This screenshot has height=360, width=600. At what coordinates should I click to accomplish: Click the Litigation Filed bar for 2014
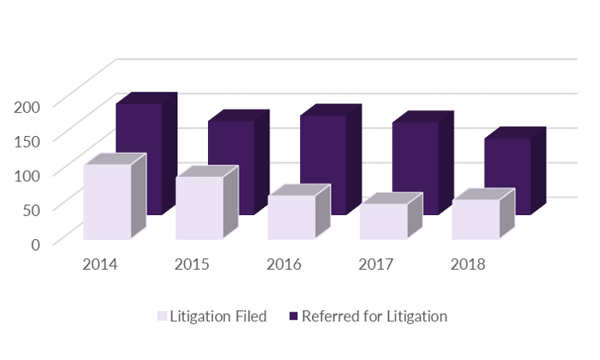click(x=107, y=202)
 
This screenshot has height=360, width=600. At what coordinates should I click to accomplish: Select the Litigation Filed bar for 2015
click(x=199, y=208)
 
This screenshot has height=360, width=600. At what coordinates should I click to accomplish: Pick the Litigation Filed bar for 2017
click(x=383, y=222)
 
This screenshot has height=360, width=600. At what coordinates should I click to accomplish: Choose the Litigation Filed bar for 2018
click(x=475, y=220)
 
